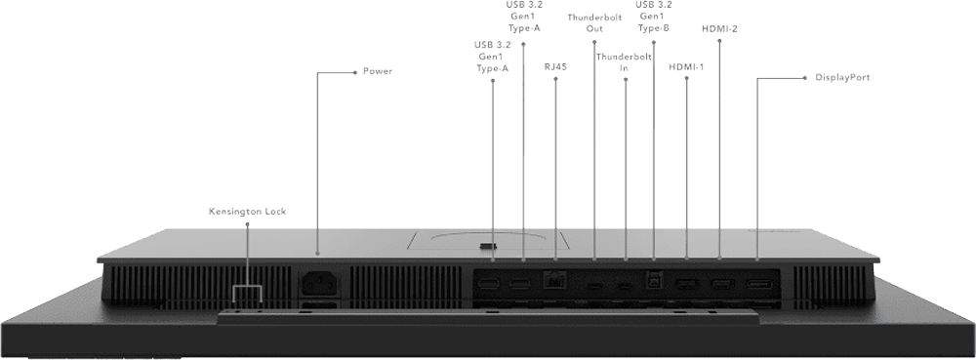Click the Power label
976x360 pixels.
[377, 71]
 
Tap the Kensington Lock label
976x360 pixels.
[247, 211]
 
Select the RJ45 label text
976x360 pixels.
[555, 67]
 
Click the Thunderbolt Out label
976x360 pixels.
[594, 22]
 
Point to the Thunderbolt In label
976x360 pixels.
[625, 62]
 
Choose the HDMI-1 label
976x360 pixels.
[687, 67]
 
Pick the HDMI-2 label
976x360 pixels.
[719, 28]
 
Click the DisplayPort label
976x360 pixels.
[841, 76]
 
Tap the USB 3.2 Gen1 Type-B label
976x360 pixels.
[653, 17]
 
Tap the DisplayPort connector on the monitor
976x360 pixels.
[756, 285]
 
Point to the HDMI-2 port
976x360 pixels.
[721, 285]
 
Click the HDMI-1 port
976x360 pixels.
[687, 285]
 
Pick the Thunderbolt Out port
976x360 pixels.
[594, 286]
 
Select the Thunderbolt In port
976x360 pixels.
[625, 286]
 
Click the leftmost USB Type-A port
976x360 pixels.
[491, 285]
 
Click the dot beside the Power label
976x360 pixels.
[353, 71]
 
